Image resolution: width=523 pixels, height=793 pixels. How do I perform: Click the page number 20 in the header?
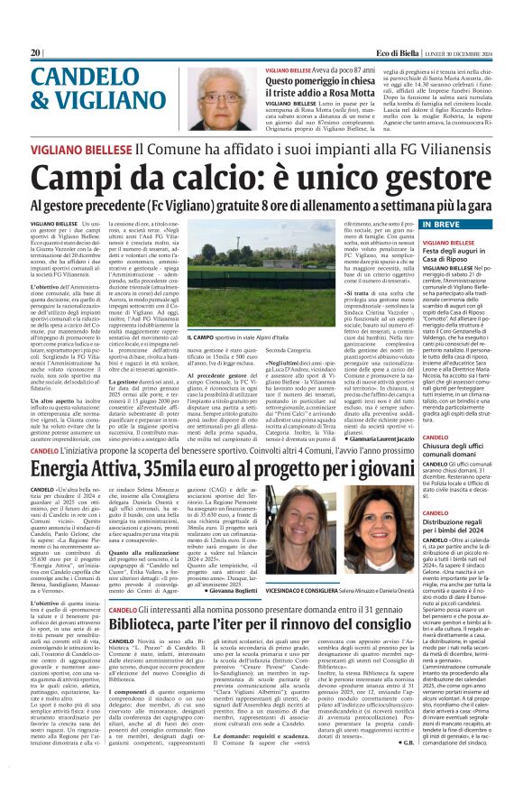pyautogui.click(x=36, y=53)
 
